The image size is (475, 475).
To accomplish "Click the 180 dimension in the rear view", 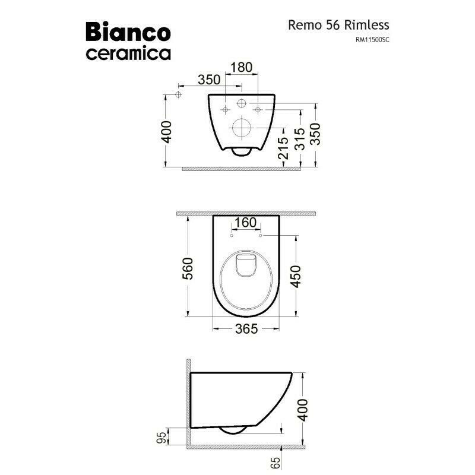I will [x=241, y=67].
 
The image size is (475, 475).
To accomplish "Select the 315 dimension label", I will [x=300, y=140].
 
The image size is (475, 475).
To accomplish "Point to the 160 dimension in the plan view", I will [x=246, y=222].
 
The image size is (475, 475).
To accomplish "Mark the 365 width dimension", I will [x=245, y=328].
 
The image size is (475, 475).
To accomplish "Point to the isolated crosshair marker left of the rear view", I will [x=178, y=95].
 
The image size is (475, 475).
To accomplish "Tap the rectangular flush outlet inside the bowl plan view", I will [x=244, y=265].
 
